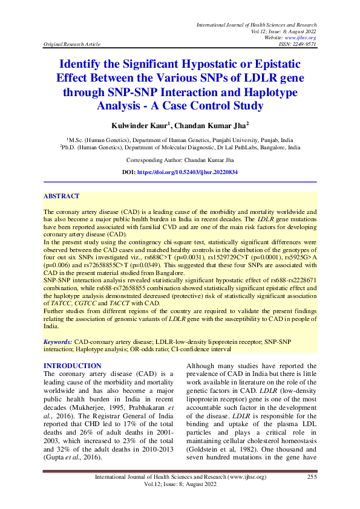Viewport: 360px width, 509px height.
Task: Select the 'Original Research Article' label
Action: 70,45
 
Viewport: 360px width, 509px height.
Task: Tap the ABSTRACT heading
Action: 61,196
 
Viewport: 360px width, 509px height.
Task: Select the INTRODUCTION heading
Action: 73,366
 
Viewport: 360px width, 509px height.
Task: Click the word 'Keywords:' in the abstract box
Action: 58,342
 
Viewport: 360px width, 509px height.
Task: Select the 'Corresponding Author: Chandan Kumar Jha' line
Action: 180,160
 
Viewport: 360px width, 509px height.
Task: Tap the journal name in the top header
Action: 257,24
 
